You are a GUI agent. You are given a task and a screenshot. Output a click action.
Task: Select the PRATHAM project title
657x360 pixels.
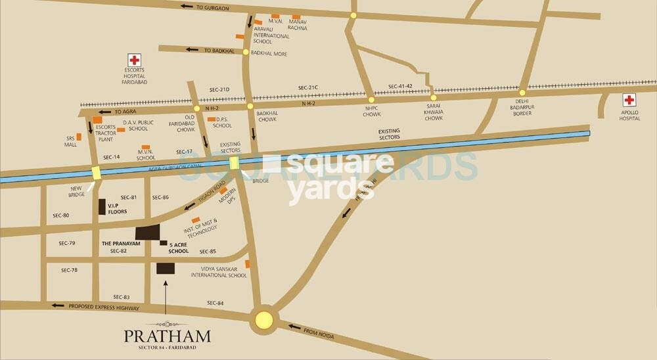pyautogui.click(x=168, y=336)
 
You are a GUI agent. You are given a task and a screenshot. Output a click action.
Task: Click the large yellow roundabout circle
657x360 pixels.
pyautogui.click(x=263, y=320)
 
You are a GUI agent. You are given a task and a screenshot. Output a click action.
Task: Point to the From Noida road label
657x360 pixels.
pyautogui.click(x=320, y=332)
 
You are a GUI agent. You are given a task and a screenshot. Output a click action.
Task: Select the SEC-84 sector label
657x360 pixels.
pyautogui.click(x=215, y=302)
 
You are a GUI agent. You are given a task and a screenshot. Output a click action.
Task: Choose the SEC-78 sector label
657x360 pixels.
pyautogui.click(x=69, y=270)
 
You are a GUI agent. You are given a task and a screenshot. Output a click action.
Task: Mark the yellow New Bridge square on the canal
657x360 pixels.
pyautogui.click(x=97, y=173)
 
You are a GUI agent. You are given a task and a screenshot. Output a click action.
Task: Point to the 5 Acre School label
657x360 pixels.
pyautogui.click(x=178, y=248)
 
